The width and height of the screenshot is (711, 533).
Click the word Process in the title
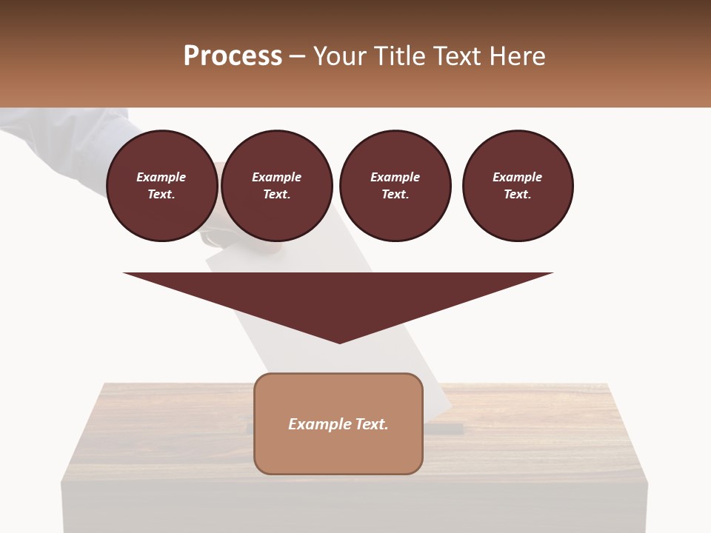tap(233, 56)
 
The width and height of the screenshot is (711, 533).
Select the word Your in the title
tap(341, 56)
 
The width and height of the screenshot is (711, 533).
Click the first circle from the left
tap(161, 186)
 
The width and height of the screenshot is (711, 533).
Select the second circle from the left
tap(276, 186)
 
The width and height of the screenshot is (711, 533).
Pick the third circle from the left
tap(395, 186)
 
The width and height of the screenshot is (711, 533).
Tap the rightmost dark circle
tap(517, 186)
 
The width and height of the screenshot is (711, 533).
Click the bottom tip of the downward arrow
tap(339, 342)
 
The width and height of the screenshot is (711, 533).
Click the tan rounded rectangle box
tap(338, 452)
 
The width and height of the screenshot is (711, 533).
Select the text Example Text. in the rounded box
tap(338, 424)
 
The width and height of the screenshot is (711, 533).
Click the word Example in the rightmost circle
tap(517, 177)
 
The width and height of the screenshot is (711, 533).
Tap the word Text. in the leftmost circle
tap(161, 195)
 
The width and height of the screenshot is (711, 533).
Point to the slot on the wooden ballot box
tap(444, 429)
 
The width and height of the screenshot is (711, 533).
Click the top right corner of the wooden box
tap(607, 384)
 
